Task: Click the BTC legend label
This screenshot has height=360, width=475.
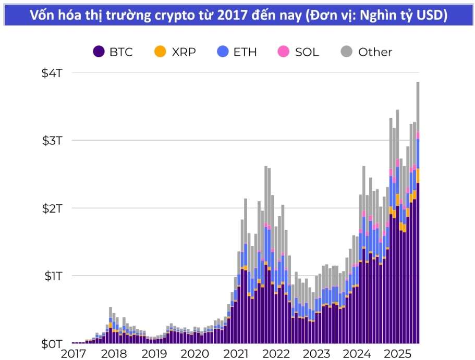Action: pos(121,52)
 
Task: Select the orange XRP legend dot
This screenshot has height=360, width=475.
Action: pos(160,52)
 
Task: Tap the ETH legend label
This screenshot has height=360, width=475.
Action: pos(245,52)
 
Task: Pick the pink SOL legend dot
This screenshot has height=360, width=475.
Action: pos(284,52)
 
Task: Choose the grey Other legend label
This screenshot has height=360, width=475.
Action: pos(375,52)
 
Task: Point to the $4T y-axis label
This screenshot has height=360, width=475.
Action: pos(53,73)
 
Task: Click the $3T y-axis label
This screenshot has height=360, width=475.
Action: pos(53,141)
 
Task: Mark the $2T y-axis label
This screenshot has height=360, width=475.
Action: pos(53,208)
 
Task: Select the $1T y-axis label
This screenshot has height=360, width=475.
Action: pos(53,276)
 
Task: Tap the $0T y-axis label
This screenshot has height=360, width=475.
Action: pos(53,343)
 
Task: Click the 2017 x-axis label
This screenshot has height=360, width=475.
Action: pos(74,354)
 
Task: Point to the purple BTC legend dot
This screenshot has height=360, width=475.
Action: pos(99,52)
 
